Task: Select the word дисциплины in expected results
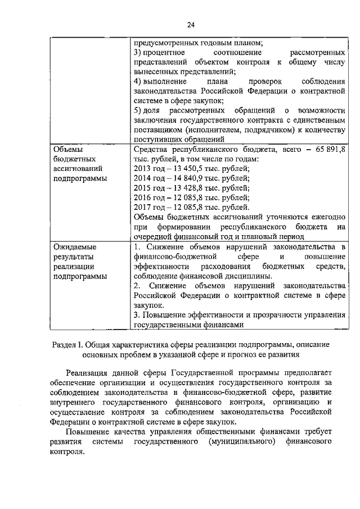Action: click(249, 276)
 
